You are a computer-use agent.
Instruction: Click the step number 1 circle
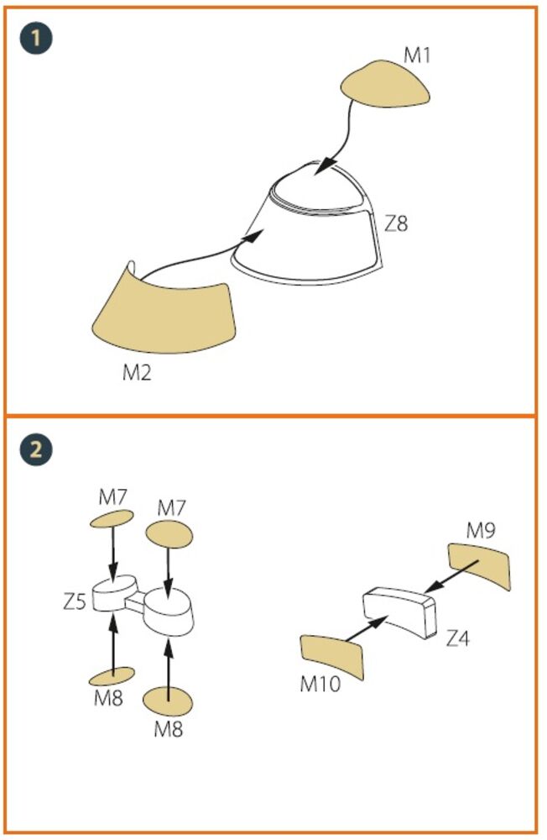(36, 39)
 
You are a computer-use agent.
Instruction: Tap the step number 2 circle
(36, 449)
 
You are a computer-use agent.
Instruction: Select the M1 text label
(417, 55)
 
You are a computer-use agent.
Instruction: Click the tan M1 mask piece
(385, 85)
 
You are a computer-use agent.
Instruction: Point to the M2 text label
(137, 372)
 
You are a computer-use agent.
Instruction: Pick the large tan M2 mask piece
(164, 312)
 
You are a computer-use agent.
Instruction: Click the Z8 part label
(397, 223)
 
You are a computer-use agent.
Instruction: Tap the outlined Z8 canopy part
(308, 225)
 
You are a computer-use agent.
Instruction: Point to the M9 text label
(481, 530)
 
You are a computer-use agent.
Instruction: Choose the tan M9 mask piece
(480, 565)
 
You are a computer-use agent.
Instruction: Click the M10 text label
(320, 684)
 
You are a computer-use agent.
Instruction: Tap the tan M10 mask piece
(332, 657)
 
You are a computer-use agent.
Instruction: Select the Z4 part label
(457, 638)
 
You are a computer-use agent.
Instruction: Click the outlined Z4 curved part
(399, 610)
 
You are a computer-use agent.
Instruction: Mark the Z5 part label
(75, 601)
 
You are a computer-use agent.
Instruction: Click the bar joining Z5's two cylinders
(135, 601)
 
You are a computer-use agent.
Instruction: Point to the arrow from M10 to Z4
(367, 627)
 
